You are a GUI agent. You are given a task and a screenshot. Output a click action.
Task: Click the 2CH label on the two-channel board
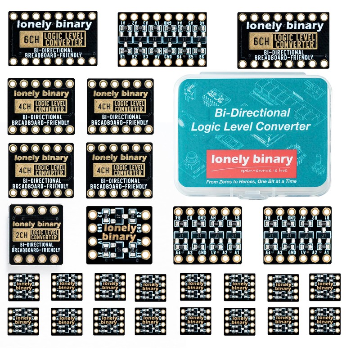(21, 235)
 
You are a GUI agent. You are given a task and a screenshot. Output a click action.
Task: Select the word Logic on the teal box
(207, 126)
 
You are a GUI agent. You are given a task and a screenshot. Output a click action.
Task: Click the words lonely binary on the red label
(252, 160)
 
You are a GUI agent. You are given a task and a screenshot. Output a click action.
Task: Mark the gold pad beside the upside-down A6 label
(201, 17)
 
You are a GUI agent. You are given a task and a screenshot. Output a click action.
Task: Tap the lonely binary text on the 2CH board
(36, 224)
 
